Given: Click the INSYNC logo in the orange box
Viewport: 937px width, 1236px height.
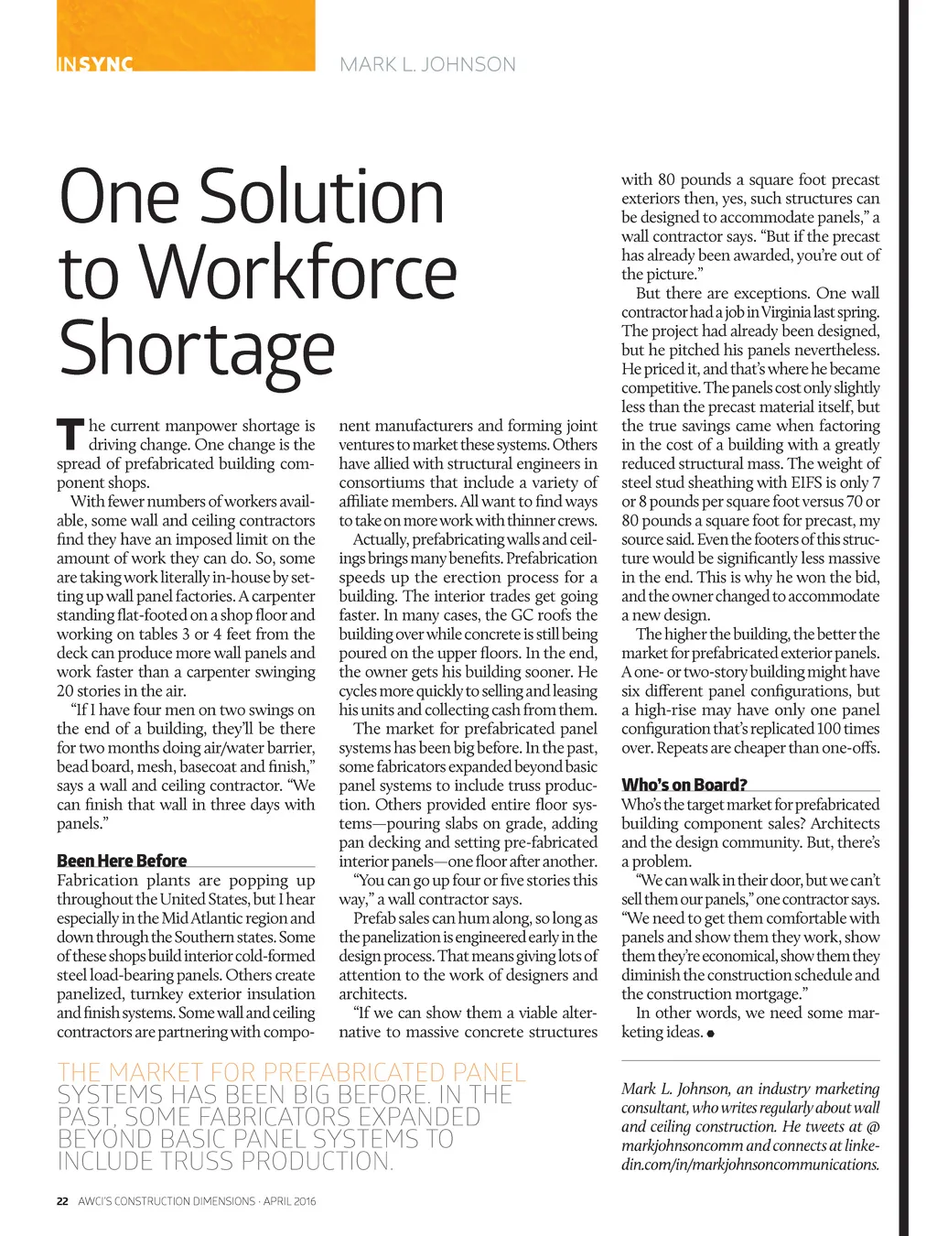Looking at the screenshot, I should (95, 64).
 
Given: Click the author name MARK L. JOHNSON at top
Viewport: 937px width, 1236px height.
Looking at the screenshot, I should (427, 65).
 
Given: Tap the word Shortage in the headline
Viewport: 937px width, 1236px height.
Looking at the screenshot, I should (197, 349).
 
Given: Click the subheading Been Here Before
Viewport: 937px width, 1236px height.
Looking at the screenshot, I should (122, 861).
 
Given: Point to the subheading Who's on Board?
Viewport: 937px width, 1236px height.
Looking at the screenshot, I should (684, 785).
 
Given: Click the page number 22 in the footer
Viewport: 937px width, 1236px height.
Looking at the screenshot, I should (62, 1201).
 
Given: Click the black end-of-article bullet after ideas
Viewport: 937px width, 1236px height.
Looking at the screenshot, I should (711, 1034).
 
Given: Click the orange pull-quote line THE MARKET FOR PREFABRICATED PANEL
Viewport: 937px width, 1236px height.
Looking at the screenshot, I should (292, 1072).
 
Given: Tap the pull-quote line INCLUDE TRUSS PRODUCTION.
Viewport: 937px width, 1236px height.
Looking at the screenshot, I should (225, 1161).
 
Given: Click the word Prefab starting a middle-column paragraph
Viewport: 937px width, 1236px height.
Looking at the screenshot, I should (374, 918).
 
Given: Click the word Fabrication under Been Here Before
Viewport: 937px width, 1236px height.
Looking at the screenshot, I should (98, 881).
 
